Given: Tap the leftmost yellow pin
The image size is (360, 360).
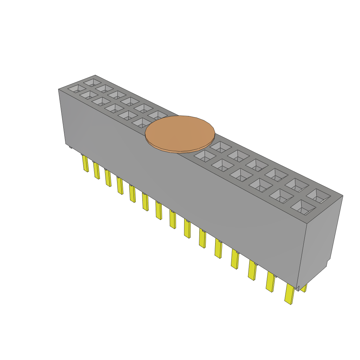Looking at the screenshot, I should [85, 163].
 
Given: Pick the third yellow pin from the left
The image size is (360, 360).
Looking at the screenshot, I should [108, 178].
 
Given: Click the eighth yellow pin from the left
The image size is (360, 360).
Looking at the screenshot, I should [173, 219].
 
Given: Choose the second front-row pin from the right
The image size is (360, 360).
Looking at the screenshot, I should [270, 282].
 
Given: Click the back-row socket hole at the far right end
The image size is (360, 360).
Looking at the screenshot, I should [318, 196].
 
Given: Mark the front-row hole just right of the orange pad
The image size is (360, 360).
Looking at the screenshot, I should [205, 155].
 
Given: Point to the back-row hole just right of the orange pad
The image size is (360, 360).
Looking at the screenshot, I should [220, 147].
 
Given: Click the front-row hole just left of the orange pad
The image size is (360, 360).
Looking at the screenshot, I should [141, 123].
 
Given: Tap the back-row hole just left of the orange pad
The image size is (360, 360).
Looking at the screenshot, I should [157, 115].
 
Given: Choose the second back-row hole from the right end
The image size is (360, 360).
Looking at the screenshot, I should [297, 185].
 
